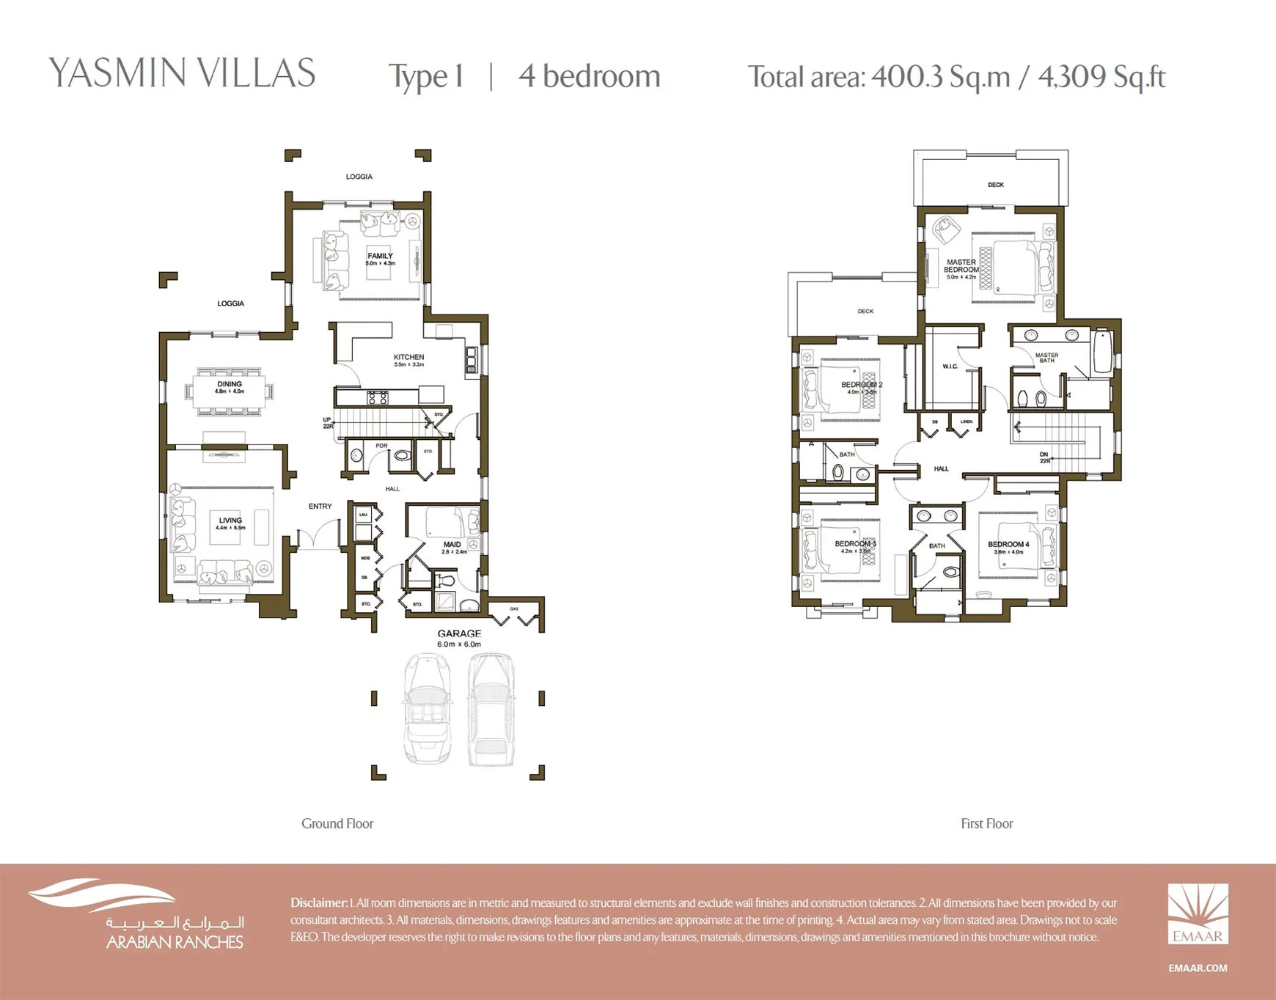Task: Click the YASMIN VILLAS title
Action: coord(182,73)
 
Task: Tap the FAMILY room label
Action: coord(380,257)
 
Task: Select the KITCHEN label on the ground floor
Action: coord(408,358)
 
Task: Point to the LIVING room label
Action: coord(230,521)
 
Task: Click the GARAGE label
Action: coord(459,633)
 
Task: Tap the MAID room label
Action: coord(452,545)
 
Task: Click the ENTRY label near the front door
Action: coord(320,507)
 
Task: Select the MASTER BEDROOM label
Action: coord(961,265)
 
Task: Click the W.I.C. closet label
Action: coord(950,367)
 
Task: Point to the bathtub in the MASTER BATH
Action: coord(1101,352)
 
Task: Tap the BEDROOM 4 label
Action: coord(1008,545)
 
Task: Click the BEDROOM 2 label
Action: coord(861,385)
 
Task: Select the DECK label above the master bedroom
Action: coord(995,185)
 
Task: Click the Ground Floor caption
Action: coord(337,823)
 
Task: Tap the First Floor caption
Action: coord(986,823)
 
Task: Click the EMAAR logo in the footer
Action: coord(1198,914)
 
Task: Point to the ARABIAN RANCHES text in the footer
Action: coord(175,942)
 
